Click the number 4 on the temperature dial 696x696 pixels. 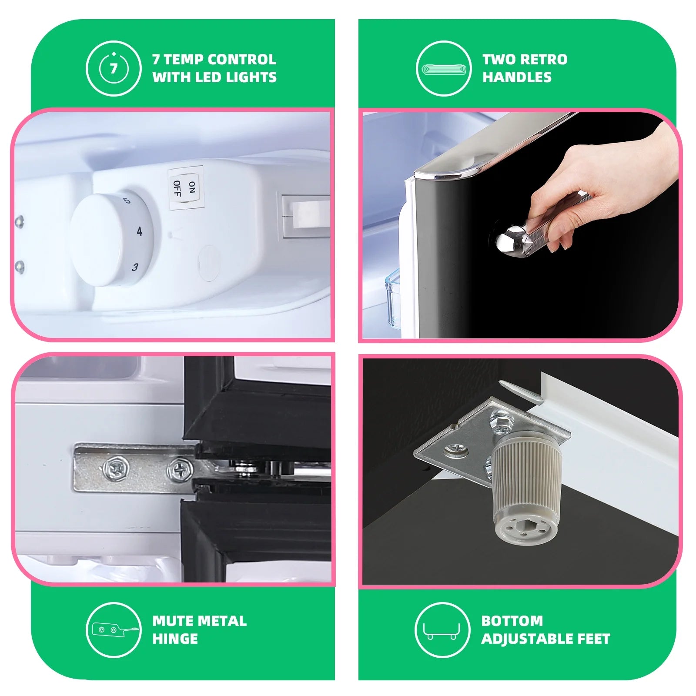139,231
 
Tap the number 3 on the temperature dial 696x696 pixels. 135,267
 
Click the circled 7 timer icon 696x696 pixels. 114,68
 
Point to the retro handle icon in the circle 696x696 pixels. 443,69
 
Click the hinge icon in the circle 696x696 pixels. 114,629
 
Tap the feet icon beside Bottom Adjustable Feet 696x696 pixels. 442,629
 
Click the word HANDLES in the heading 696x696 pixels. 517,77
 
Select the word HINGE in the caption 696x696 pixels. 175,639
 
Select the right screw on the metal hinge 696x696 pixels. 180,469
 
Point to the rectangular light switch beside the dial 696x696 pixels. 305,216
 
